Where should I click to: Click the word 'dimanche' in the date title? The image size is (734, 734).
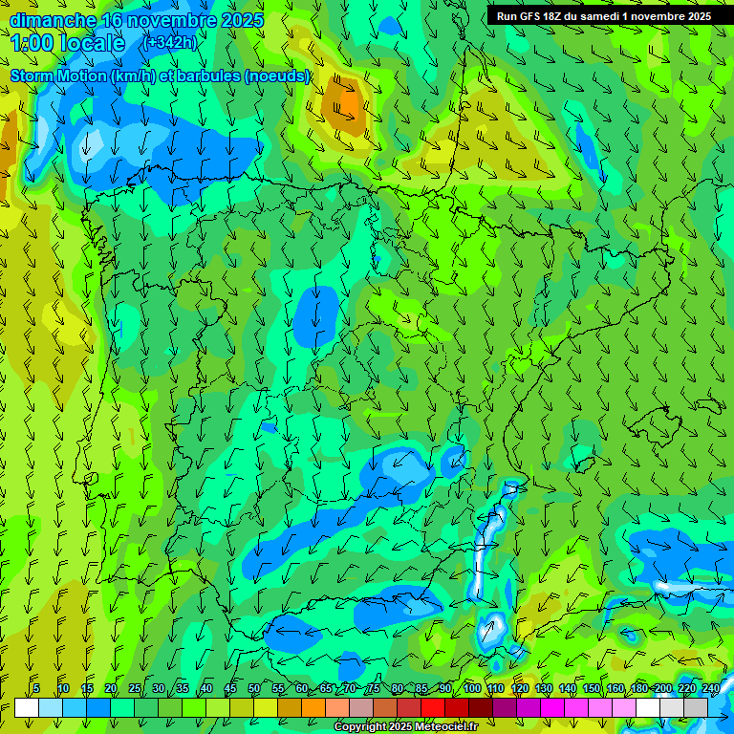[x=53, y=19]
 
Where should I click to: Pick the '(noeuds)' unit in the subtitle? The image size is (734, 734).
[x=278, y=76]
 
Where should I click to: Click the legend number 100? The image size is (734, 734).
[x=472, y=688]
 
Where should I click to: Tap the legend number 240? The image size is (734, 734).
[x=711, y=688]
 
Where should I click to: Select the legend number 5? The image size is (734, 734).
[x=36, y=688]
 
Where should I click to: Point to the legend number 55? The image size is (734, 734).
[x=278, y=688]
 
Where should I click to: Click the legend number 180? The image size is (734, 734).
[x=638, y=688]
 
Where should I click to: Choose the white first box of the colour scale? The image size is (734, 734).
[x=27, y=707]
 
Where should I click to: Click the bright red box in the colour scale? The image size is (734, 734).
[x=433, y=707]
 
